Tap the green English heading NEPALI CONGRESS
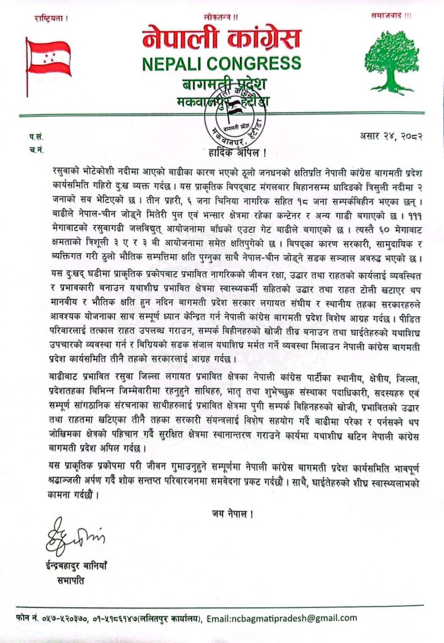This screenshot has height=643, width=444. [221, 63]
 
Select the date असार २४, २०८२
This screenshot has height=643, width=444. [391, 135]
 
